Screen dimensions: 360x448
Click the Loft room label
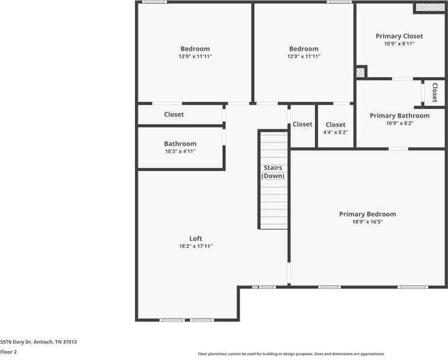point(195,238)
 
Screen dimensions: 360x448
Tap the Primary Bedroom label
point(367,214)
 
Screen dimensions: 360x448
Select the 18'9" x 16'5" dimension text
point(367,222)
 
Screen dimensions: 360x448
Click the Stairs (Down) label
point(273,172)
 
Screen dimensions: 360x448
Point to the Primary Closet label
point(399,36)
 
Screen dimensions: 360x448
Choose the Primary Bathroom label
point(399,116)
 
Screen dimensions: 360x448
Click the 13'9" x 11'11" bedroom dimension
point(195,57)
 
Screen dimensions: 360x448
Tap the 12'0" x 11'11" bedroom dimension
point(303,57)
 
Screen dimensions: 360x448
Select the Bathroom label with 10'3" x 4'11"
point(180,144)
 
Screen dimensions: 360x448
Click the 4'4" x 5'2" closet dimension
point(335,132)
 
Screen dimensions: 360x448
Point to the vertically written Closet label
point(434,93)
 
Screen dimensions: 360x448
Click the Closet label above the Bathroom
point(174,114)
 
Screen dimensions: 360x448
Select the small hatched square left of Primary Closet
point(360,72)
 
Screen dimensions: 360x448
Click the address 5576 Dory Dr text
point(39,342)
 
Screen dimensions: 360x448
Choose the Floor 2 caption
point(8,352)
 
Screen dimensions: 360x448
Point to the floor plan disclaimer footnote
point(291,354)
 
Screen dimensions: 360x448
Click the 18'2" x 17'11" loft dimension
point(195,246)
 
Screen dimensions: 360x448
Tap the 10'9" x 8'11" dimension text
point(399,44)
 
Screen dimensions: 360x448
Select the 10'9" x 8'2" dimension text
point(399,123)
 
